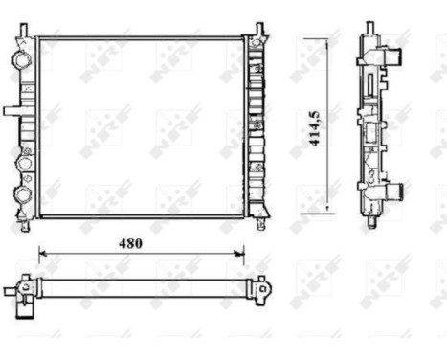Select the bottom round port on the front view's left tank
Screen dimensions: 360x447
[x=21, y=195]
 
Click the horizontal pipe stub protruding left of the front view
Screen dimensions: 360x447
[x=13, y=111]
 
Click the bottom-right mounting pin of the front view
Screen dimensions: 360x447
[x=260, y=226]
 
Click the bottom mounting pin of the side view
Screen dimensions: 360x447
[x=370, y=225]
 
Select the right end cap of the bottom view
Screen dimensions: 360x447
[x=259, y=286]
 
